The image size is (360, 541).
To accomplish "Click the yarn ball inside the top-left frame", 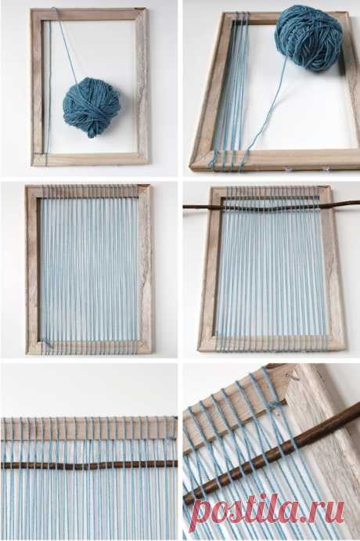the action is (x=92, y=107).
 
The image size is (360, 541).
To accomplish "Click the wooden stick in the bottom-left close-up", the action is (x=89, y=465).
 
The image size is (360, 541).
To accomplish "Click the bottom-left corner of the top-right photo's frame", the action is (x=192, y=168).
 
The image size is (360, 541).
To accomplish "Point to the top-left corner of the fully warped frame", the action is (x=27, y=186).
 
